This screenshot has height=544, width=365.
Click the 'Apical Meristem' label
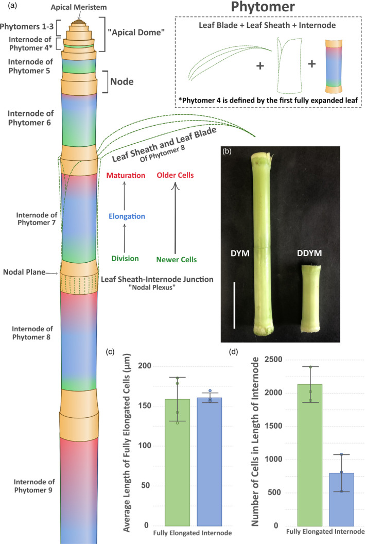click(x=78, y=7)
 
